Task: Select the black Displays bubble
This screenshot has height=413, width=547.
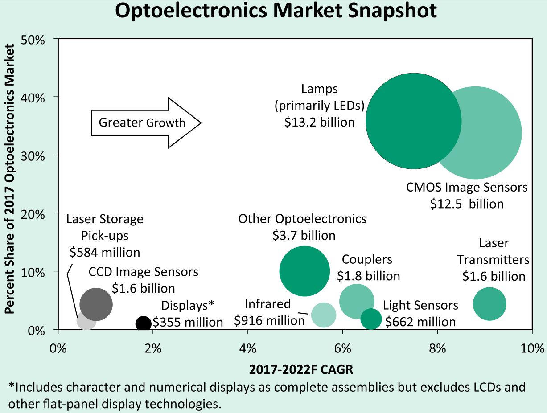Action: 143,323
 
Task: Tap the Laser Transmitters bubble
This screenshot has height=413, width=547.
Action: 489,304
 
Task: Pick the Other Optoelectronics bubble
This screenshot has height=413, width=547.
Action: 304,271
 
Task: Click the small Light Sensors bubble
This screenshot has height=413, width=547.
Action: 371,319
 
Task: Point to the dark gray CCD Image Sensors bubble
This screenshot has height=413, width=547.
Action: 96,304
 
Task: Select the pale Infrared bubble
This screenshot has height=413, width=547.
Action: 323,315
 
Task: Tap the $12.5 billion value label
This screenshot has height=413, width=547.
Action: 467,204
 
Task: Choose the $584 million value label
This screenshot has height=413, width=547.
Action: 105,253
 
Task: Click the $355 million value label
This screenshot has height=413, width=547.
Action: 188,322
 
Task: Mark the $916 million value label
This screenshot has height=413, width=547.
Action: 263,320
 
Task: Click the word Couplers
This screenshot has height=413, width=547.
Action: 367,259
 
